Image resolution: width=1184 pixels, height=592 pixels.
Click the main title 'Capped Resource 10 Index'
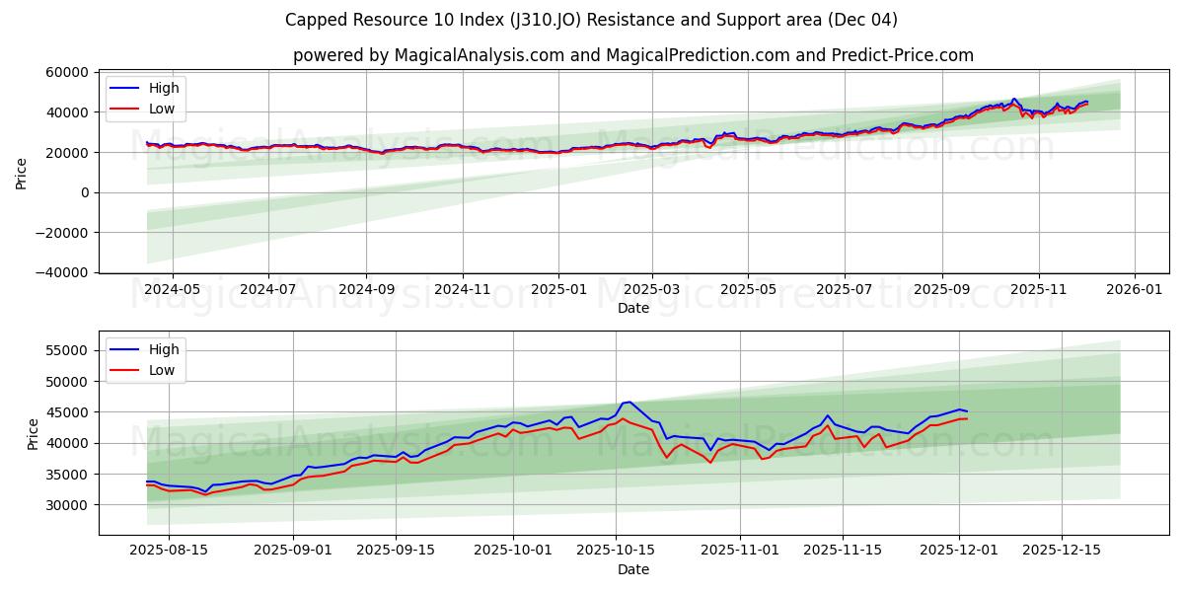point(591,20)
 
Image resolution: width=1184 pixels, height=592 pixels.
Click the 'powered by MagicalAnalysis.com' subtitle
point(632,55)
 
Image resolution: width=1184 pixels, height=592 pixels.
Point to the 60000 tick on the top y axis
point(66,72)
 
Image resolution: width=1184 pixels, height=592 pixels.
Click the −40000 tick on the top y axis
point(60,272)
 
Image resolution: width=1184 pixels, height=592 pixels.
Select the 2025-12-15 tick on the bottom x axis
point(1062,551)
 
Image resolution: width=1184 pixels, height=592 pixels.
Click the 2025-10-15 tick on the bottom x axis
point(616,551)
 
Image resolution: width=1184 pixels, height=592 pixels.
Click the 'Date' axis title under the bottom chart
point(632,569)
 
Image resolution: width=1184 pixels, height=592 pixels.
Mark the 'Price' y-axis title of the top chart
point(22,173)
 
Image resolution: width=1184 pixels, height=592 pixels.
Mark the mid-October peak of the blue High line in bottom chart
point(629,402)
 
